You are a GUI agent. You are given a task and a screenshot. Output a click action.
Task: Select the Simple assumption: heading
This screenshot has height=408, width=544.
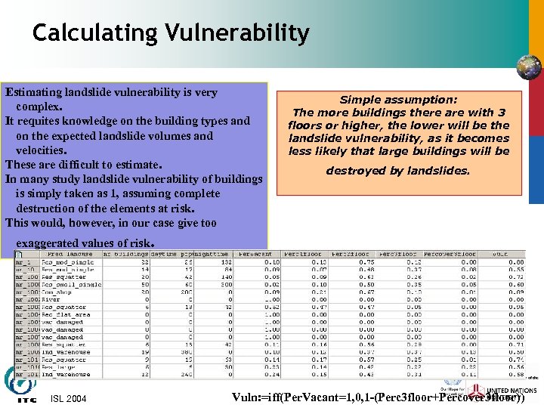click(x=398, y=99)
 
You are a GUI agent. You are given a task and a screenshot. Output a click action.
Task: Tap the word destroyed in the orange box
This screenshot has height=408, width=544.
click(x=353, y=171)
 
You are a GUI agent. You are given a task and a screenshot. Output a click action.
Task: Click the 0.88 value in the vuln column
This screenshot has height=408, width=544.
click(x=516, y=262)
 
